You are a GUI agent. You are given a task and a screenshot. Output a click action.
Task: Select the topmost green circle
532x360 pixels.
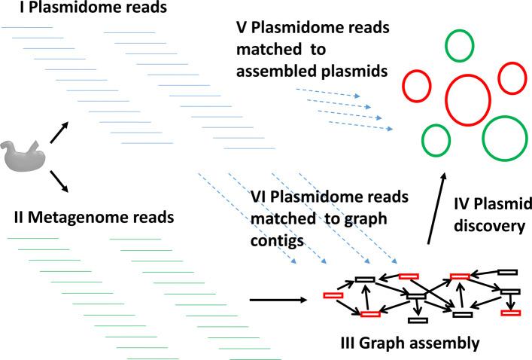458,44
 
